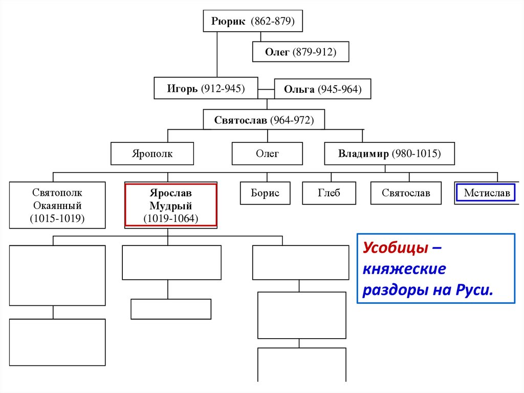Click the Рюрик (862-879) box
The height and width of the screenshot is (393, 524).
[x=253, y=22]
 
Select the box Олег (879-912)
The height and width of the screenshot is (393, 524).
[x=300, y=52]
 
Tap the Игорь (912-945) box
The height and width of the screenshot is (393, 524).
[x=206, y=89]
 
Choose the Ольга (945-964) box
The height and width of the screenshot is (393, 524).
[x=322, y=89]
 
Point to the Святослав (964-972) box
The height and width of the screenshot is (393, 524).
[x=264, y=120]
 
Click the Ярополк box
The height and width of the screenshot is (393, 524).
[x=152, y=153]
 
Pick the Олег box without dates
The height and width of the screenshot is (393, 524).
[x=267, y=153]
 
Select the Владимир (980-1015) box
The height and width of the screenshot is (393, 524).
[x=389, y=153]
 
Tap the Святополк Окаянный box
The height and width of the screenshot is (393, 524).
[x=57, y=205]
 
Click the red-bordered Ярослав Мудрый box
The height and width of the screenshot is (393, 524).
[x=171, y=205]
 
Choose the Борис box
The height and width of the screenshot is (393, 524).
[x=265, y=193]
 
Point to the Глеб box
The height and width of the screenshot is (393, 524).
[x=329, y=193]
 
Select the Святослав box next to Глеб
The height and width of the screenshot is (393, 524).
[x=406, y=193]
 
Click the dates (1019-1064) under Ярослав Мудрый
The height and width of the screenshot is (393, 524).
[x=171, y=219]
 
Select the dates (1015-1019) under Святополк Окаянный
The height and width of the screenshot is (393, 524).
[x=57, y=219]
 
